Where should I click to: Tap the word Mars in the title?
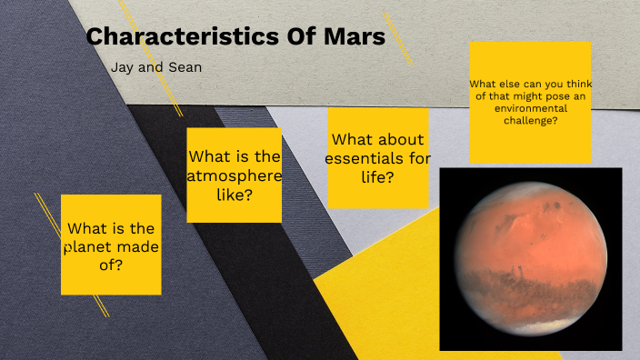(x=355, y=38)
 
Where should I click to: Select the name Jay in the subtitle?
(x=121, y=67)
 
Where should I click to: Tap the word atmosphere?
(x=234, y=175)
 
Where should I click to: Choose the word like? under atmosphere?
(x=234, y=195)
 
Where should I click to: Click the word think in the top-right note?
(x=574, y=84)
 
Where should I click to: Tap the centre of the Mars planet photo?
(x=531, y=259)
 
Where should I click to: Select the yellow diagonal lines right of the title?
(x=397, y=38)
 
